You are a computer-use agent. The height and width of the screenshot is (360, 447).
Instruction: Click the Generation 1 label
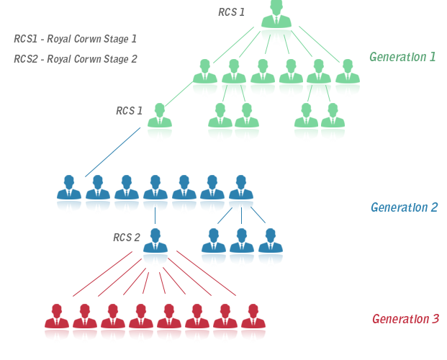click(x=402, y=56)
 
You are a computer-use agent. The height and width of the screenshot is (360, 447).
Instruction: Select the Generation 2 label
click(x=404, y=207)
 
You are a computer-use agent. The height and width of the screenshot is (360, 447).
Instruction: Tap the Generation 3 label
click(x=405, y=319)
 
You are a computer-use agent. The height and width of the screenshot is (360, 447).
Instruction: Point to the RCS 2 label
click(x=126, y=237)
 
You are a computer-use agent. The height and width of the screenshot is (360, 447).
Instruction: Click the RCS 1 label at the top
click(x=231, y=12)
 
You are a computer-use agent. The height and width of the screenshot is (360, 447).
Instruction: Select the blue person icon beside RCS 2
click(x=155, y=247)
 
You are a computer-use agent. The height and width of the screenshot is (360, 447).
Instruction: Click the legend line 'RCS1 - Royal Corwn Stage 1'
click(x=75, y=38)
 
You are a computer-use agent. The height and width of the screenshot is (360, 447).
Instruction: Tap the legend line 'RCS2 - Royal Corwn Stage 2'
click(x=75, y=59)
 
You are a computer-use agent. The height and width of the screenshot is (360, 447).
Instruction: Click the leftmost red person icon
click(x=57, y=323)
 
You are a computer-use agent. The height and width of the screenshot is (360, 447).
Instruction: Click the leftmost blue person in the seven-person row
click(x=69, y=194)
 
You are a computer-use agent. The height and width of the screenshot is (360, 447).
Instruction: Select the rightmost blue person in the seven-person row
click(x=241, y=194)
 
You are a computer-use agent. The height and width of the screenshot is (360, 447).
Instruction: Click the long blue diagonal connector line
click(x=113, y=151)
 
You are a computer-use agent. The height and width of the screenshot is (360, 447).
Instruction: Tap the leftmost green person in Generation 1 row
click(x=205, y=77)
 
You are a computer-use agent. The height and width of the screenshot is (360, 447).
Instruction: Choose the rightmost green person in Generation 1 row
click(x=348, y=77)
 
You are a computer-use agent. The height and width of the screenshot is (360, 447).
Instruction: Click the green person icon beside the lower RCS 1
click(x=161, y=121)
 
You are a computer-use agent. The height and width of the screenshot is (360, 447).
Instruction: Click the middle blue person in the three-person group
click(x=241, y=246)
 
